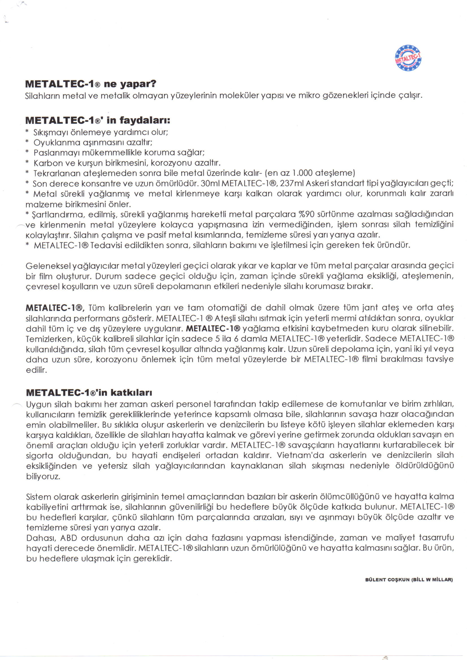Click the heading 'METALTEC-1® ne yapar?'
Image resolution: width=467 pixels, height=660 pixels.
point(91,84)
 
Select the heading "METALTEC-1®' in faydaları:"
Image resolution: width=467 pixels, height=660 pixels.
point(98,120)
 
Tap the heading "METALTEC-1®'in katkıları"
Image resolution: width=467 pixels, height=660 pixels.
point(89,392)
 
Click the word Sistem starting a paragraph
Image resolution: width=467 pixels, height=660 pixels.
point(38,497)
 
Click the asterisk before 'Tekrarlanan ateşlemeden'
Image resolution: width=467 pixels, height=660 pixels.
point(27,173)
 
